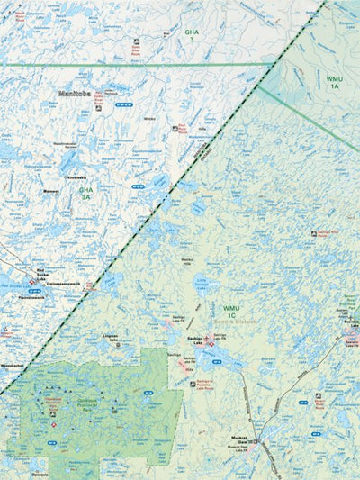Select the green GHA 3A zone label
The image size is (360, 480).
[85, 193]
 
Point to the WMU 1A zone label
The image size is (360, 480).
[334, 82]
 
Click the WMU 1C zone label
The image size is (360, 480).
[232, 312]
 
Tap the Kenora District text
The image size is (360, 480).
[241, 322]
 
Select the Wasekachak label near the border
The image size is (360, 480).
[13, 366]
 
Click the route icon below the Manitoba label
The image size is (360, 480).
[98, 108]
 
